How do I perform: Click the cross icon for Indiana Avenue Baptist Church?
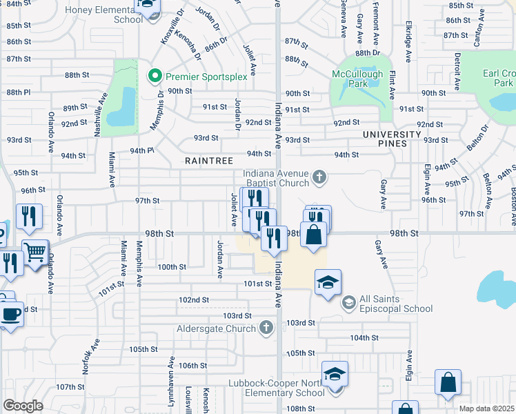pyautogui.click(x=318, y=177)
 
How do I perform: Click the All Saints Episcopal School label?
pyautogui.click(x=396, y=304)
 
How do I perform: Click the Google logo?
pyautogui.click(x=23, y=405)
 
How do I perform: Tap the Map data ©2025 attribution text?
pyautogui.click(x=486, y=408)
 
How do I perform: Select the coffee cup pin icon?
pyautogui.click(x=10, y=314)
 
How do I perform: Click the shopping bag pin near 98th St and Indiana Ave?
pyautogui.click(x=313, y=235)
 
